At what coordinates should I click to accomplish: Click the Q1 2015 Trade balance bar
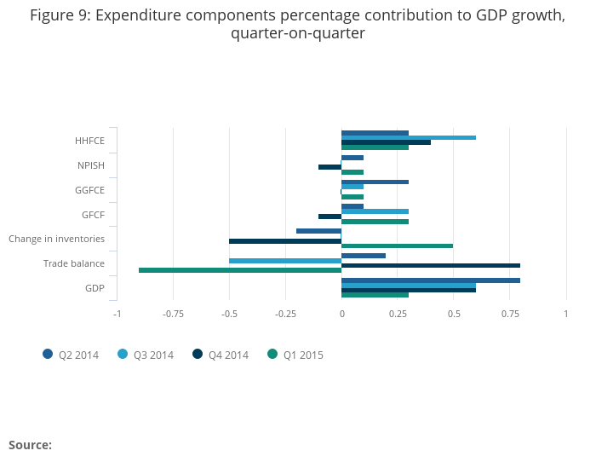point(240,270)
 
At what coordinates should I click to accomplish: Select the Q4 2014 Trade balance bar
point(431,265)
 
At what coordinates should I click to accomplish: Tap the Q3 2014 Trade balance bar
point(285,260)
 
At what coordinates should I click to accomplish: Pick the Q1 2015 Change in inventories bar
point(397,246)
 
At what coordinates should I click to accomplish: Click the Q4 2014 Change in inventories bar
point(285,240)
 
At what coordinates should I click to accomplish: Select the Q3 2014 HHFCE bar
point(409,137)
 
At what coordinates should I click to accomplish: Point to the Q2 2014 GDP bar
point(431,280)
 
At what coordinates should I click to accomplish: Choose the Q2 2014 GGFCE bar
point(375,182)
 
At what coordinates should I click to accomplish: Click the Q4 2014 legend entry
point(220,355)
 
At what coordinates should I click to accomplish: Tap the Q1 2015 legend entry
point(295,355)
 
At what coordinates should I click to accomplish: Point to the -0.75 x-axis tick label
point(173,314)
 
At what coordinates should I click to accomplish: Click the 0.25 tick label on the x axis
point(398,314)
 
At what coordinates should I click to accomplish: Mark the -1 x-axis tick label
point(117,314)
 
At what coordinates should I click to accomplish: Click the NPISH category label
point(90,165)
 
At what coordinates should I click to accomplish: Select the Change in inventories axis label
point(56,239)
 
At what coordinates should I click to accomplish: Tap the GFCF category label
point(94,215)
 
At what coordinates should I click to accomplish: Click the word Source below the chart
point(30,445)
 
